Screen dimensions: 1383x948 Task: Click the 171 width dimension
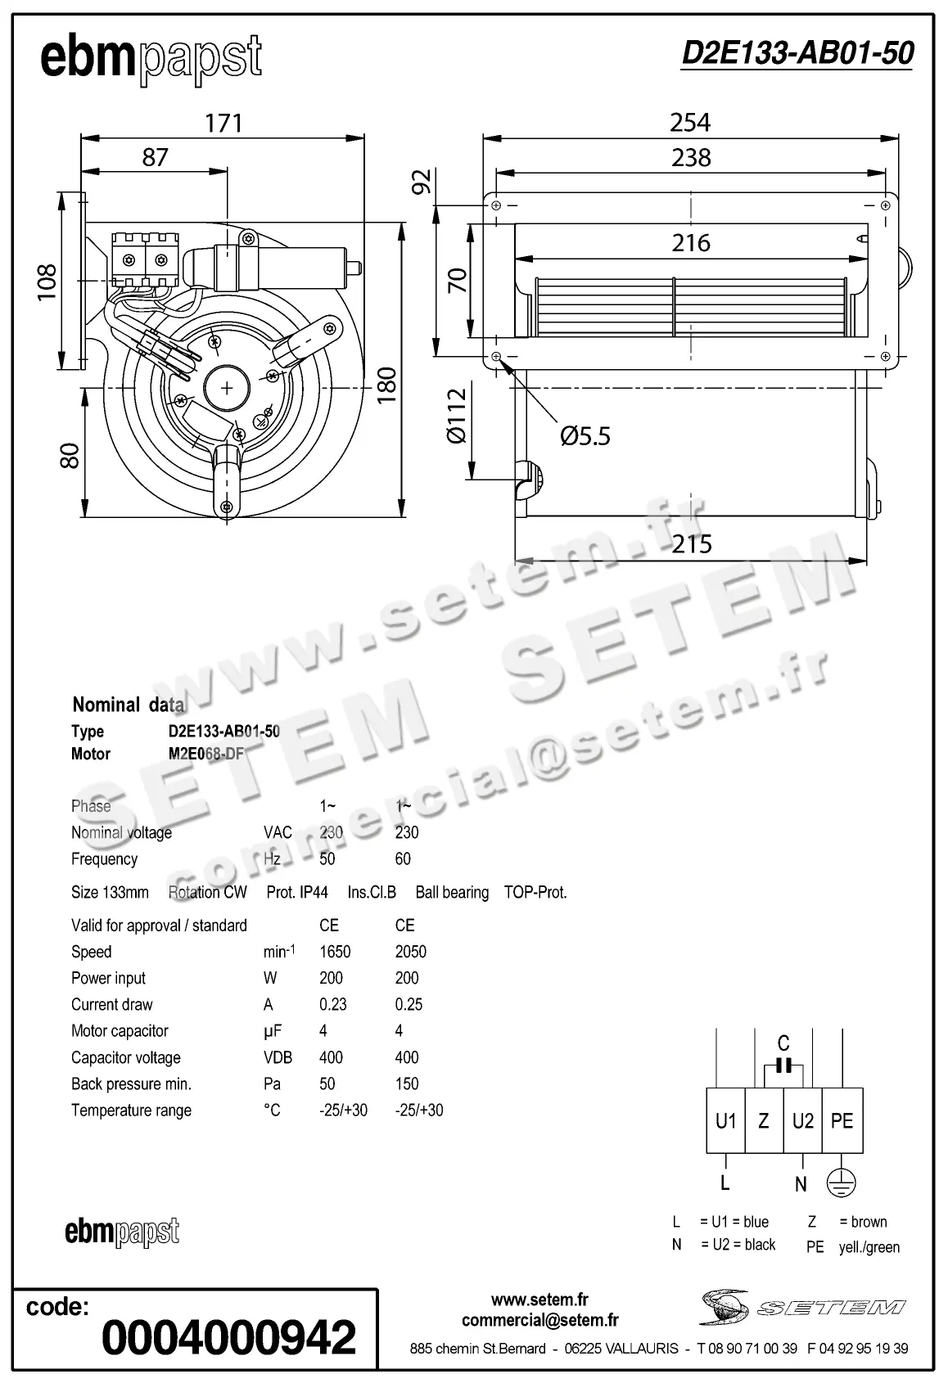[223, 123]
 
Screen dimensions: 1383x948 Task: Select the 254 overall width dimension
[690, 123]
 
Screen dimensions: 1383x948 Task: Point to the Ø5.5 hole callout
[585, 436]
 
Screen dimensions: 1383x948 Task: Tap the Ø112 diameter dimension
[457, 416]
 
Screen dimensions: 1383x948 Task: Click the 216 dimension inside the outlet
[691, 243]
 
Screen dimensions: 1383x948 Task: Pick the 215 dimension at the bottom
[692, 544]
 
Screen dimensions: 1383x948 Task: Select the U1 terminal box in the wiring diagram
[726, 1120]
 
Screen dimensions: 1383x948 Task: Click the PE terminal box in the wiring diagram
[842, 1120]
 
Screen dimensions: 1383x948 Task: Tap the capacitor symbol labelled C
[784, 1065]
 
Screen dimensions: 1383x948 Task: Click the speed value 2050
[410, 952]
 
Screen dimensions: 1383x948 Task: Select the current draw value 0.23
[333, 1004]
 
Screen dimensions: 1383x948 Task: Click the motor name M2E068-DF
[206, 754]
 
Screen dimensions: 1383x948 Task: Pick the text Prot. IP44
[297, 892]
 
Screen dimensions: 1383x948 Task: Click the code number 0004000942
[229, 1337]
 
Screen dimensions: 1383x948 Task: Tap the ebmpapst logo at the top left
[151, 59]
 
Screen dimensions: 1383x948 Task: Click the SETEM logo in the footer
[803, 1307]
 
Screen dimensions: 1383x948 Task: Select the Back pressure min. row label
[131, 1083]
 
